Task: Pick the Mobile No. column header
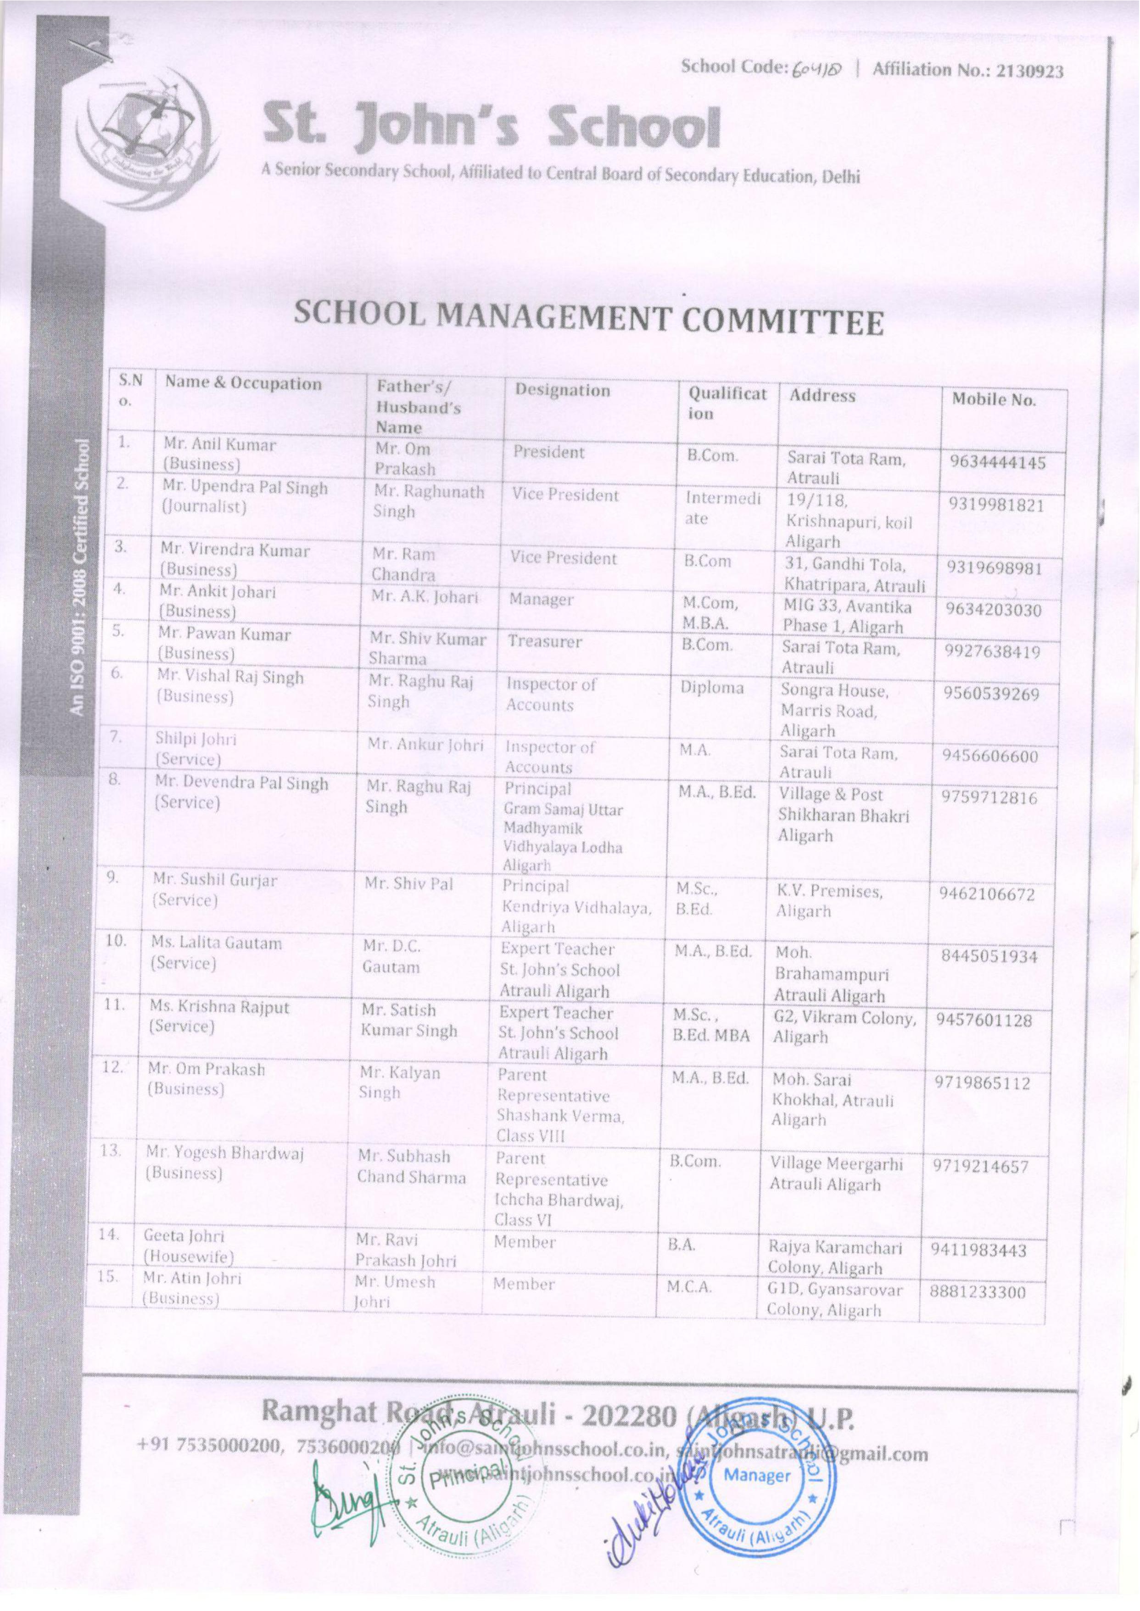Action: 993,400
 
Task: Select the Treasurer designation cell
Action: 545,641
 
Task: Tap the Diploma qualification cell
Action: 711,688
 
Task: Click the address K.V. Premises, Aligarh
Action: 828,901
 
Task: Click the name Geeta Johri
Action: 184,1236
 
